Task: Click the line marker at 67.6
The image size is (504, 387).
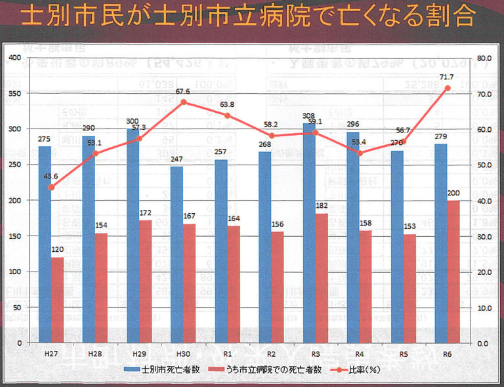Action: pyautogui.click(x=183, y=102)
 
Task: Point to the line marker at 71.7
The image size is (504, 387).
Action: pyautogui.click(x=448, y=87)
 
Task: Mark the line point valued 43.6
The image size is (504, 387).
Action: pyautogui.click(x=51, y=187)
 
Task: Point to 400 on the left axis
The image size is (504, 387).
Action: pyautogui.click(x=15, y=58)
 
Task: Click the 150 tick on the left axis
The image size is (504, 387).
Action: pyautogui.click(x=15, y=235)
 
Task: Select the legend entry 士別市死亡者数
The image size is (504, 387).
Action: pyautogui.click(x=163, y=370)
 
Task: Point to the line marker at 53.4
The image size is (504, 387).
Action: pyautogui.click(x=360, y=153)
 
